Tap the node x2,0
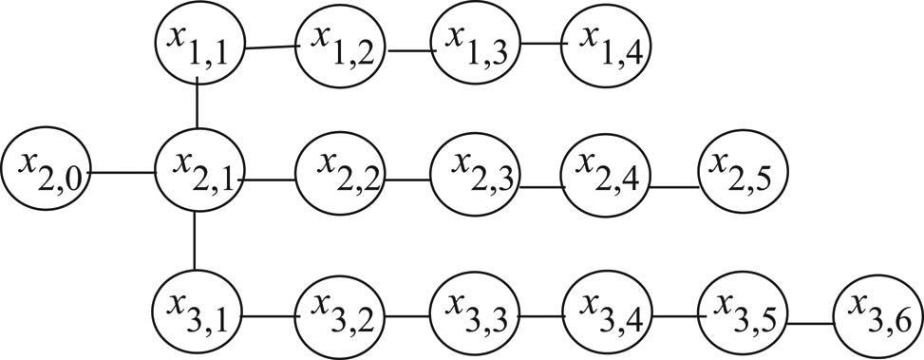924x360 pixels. pyautogui.click(x=46, y=171)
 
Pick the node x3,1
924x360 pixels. pyautogui.click(x=198, y=310)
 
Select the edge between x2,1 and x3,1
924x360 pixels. pyautogui.click(x=195, y=241)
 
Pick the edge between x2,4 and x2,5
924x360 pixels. pyautogui.click(x=676, y=186)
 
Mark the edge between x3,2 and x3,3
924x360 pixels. pyautogui.click(x=406, y=314)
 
